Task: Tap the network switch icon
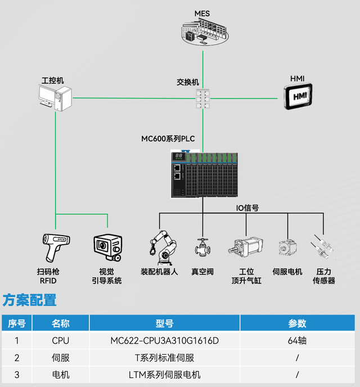click(202, 99)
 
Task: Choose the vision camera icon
click(106, 246)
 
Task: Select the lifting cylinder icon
click(246, 246)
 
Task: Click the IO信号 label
click(247, 208)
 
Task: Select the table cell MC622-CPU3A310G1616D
click(164, 340)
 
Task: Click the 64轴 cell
click(296, 340)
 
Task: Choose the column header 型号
click(164, 323)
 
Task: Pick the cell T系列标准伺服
click(164, 358)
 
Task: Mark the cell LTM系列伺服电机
click(164, 375)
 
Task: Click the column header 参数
click(297, 323)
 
